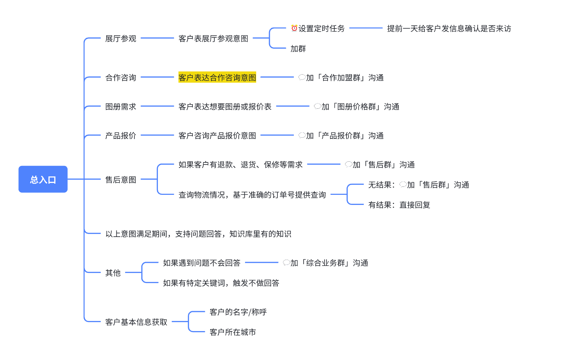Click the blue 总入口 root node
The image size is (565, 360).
[43, 179]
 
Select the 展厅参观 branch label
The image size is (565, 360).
[121, 39]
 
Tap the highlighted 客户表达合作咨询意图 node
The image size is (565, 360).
[217, 77]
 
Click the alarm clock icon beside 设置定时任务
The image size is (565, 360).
[294, 28]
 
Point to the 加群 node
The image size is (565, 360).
[298, 49]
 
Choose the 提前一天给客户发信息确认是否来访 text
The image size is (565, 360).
[449, 29]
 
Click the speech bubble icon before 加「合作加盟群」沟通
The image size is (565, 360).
[302, 77]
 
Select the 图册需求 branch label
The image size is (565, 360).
[121, 107]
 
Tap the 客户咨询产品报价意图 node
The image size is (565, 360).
[217, 136]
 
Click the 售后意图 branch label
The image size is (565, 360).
[121, 180]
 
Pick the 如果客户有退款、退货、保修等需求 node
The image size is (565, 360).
[240, 164]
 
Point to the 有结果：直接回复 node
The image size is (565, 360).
[399, 205]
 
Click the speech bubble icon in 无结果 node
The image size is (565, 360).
[403, 185]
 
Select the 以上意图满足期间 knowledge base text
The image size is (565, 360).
[198, 234]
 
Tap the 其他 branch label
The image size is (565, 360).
[113, 273]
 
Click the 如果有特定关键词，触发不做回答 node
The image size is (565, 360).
[221, 283]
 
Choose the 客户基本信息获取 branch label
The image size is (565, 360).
[136, 322]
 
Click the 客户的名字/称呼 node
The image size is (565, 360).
[238, 312]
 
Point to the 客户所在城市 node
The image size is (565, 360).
[232, 332]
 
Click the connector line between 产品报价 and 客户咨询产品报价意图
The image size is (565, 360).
[157, 135]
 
